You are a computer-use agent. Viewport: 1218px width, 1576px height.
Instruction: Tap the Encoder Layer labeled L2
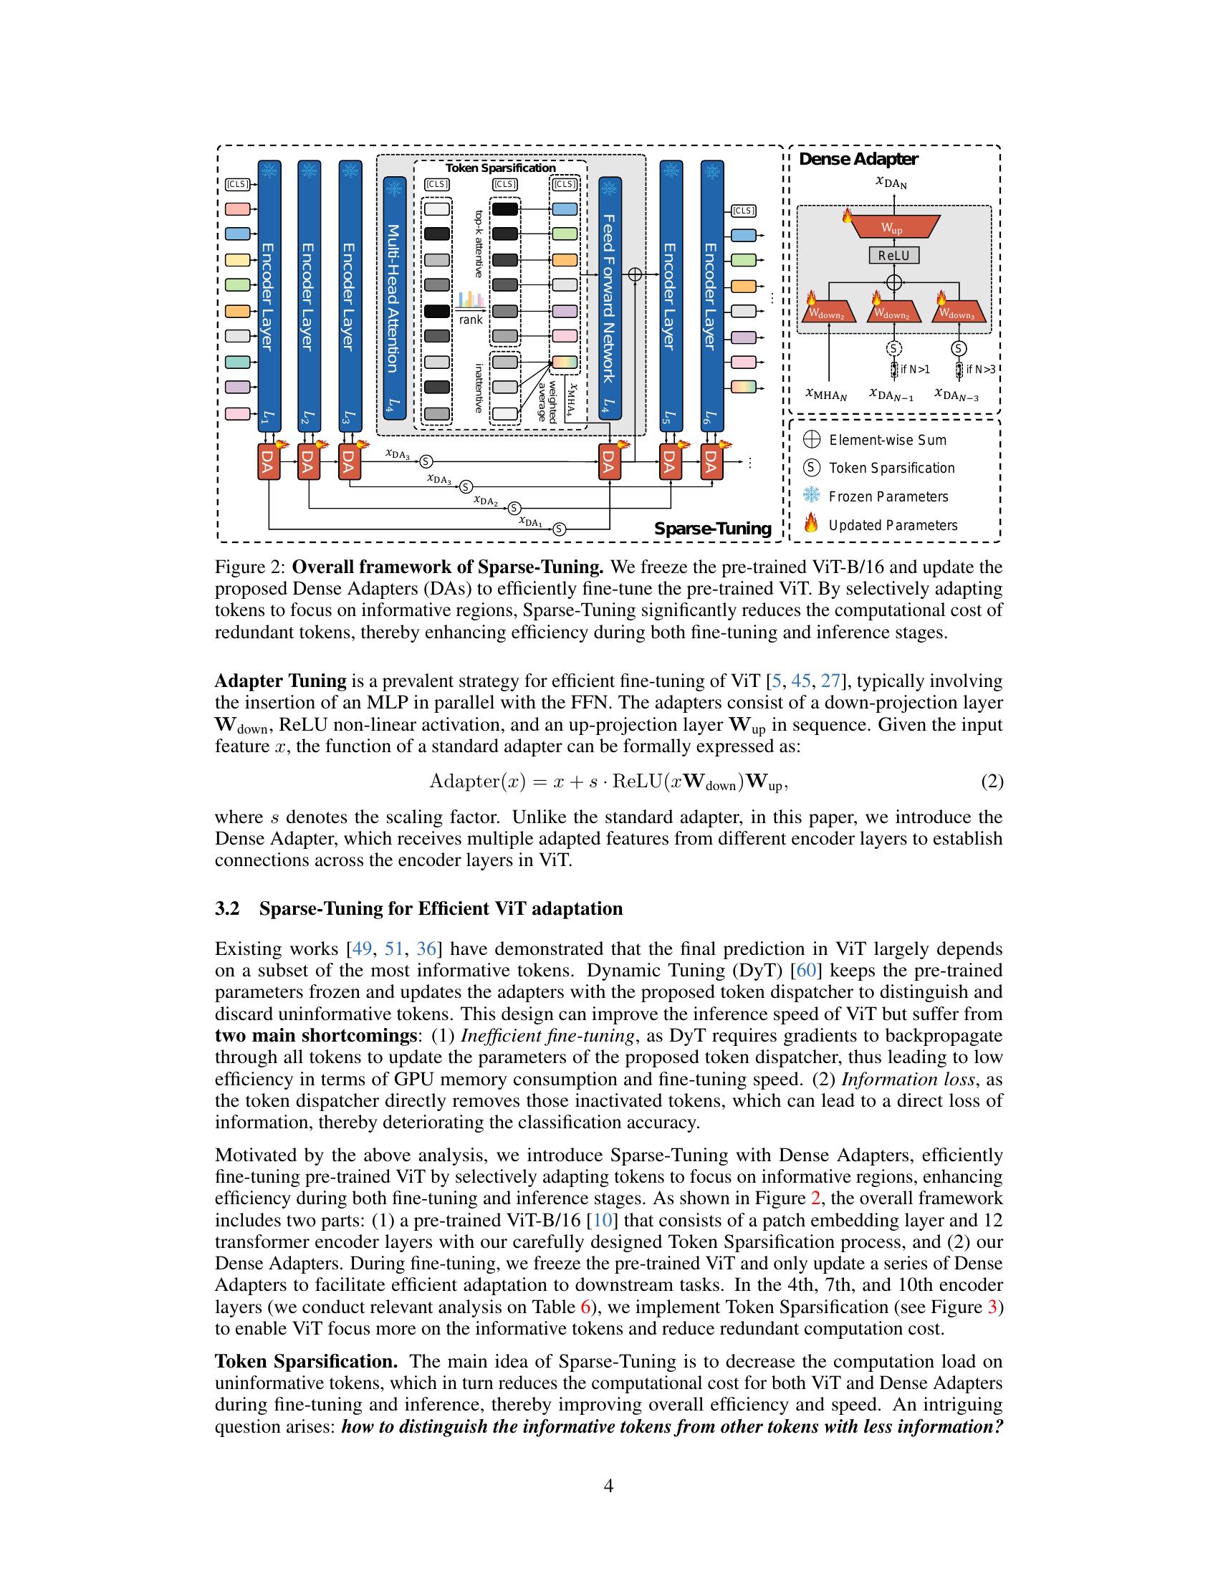(309, 296)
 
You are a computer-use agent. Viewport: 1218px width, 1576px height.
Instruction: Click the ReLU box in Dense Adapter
(893, 255)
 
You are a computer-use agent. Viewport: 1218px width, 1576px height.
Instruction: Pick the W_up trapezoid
(893, 226)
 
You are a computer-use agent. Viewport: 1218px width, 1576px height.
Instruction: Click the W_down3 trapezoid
(959, 313)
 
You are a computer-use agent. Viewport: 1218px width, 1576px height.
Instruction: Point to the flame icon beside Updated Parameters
(812, 524)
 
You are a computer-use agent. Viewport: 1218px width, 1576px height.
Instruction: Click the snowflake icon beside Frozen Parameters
(812, 496)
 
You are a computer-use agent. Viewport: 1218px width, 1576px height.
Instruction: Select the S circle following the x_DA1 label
(559, 529)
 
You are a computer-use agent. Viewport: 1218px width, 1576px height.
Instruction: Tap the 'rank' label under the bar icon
(471, 319)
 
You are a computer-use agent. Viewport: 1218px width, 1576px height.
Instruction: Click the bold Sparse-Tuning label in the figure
(712, 529)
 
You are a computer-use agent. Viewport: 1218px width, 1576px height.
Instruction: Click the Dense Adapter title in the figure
(858, 160)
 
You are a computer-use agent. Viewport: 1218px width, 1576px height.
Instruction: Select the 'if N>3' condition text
(979, 370)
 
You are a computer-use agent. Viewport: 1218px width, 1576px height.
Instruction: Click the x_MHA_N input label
(826, 395)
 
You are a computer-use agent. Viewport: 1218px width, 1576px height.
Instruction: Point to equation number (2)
(992, 782)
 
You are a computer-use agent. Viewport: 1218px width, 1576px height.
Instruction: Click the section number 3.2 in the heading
(226, 908)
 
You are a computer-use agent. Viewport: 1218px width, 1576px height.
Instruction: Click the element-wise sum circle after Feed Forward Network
(635, 274)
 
